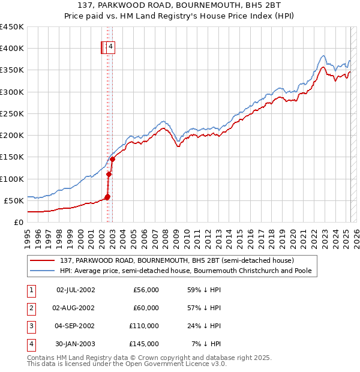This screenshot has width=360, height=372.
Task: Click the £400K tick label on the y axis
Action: coord(12,49)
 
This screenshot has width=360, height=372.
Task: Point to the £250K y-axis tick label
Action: coord(12,113)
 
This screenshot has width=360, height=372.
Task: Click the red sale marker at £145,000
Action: coord(112,159)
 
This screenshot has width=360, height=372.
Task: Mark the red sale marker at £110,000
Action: coord(109,175)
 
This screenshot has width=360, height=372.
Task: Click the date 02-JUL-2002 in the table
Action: coord(76,290)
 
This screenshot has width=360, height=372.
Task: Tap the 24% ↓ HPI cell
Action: coord(203,326)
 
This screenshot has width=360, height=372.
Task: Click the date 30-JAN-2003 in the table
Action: coord(76,344)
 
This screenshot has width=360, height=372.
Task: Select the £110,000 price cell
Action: coord(144,326)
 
